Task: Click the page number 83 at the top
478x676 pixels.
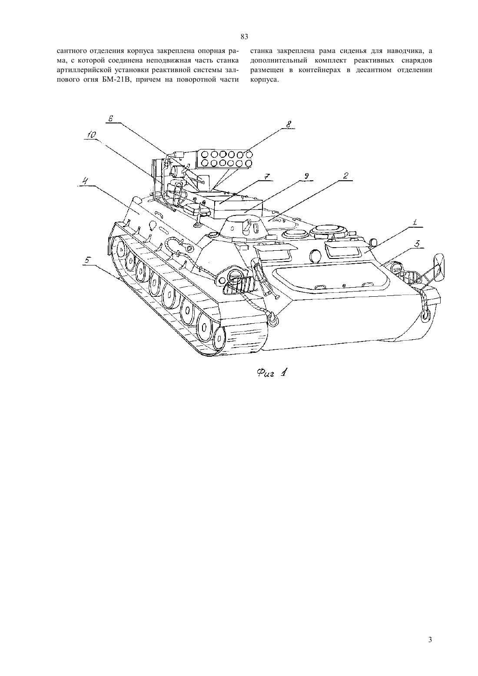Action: (244, 37)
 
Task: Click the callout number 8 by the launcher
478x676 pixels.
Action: (289, 124)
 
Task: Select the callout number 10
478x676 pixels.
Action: (91, 135)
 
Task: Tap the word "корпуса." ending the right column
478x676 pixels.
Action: (263, 80)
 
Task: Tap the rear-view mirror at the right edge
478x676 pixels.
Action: (439, 265)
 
